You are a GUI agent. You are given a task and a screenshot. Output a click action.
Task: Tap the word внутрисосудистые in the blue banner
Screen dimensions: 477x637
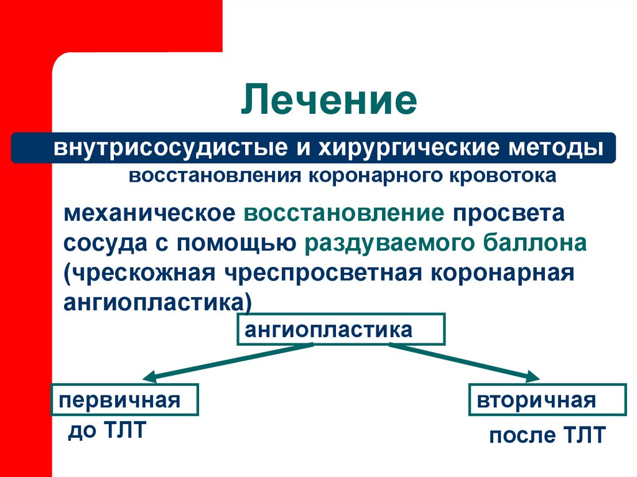pos(157,149)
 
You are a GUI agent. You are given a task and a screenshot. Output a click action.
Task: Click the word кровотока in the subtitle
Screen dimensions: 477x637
pos(508,176)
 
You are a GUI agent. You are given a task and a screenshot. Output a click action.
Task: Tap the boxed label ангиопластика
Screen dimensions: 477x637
pos(341,330)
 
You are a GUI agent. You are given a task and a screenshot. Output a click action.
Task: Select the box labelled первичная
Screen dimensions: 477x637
pos(124,400)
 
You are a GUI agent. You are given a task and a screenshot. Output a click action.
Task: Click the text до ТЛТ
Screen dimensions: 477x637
pos(105,430)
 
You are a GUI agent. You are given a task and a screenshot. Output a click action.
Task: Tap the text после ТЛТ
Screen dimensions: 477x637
pos(547,435)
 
